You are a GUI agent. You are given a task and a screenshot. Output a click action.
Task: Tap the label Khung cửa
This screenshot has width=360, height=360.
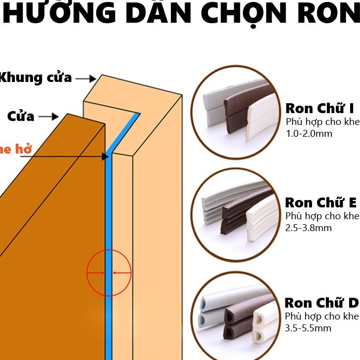pos(36,78)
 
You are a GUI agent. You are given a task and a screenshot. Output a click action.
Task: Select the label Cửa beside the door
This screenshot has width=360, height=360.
pos(21,117)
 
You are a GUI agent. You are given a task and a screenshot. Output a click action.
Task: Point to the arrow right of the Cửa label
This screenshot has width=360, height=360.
pos(48,117)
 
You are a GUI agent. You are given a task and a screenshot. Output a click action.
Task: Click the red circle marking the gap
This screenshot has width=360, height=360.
pos(109,273)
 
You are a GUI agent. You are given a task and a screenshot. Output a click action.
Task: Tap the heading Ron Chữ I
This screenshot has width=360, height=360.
pos(320,109)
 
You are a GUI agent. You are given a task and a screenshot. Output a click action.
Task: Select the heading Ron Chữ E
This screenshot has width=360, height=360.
pos(320,202)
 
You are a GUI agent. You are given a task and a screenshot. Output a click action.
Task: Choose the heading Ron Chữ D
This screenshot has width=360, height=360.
pos(321,302)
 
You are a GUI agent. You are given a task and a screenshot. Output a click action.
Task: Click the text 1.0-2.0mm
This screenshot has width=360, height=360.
pos(308,133)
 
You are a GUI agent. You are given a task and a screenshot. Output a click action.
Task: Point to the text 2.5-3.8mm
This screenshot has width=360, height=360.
pos(308,228)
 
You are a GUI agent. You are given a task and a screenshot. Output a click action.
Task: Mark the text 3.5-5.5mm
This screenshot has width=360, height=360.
pos(308,328)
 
